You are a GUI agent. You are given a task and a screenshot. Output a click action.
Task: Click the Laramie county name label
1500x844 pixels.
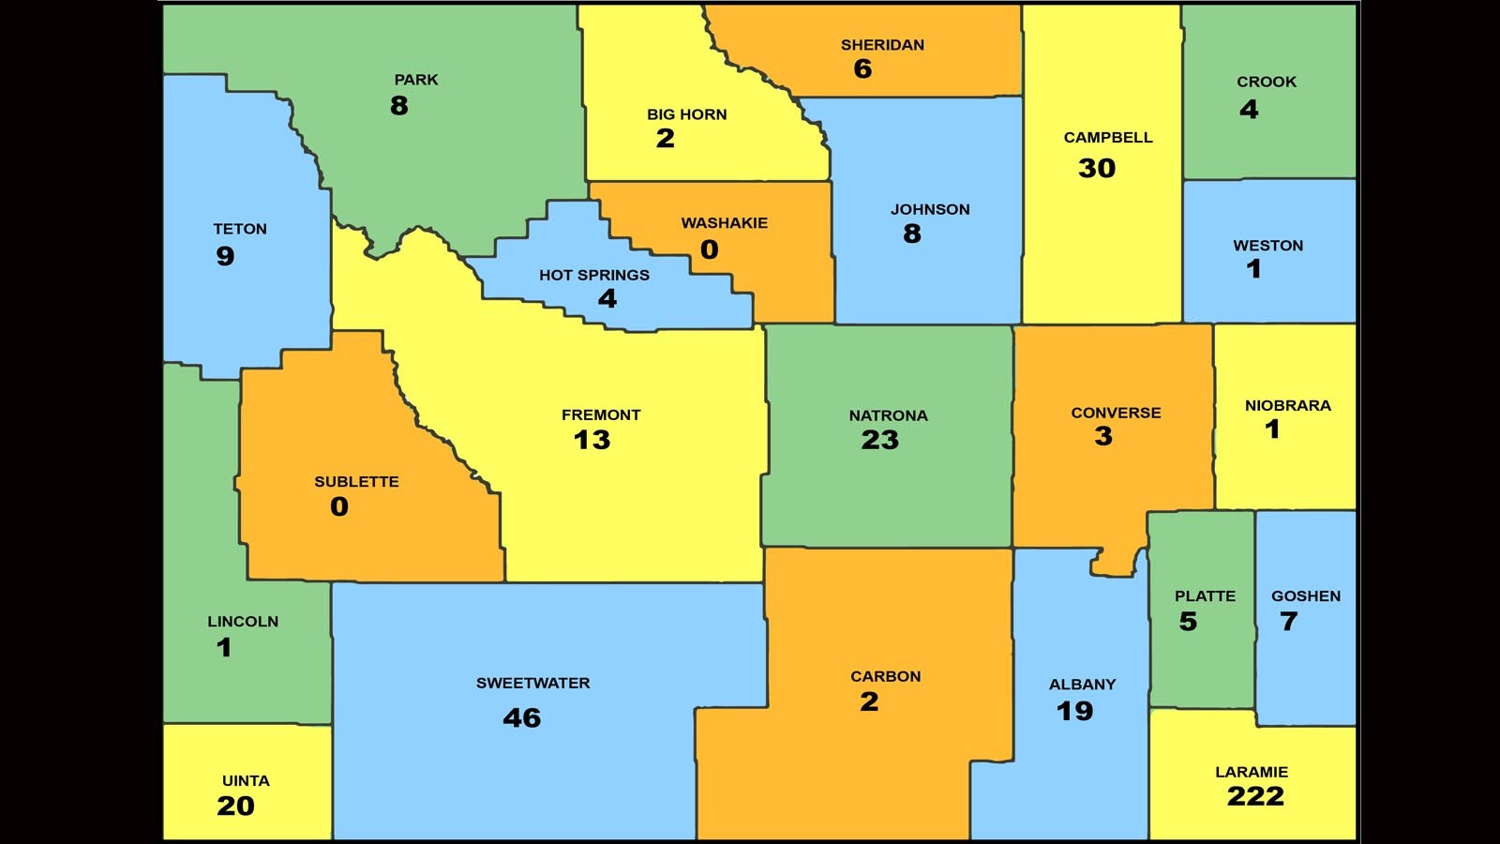(x=1251, y=772)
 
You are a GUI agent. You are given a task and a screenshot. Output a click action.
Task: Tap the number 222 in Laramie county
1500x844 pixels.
(x=1254, y=796)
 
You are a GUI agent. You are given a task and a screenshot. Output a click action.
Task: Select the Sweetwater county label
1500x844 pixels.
(x=532, y=683)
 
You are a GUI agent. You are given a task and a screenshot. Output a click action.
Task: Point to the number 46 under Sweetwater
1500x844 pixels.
(x=521, y=717)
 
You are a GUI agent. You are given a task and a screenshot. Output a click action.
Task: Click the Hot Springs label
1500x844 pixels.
(x=593, y=275)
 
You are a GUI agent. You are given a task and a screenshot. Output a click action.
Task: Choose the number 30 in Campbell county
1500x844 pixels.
(x=1096, y=168)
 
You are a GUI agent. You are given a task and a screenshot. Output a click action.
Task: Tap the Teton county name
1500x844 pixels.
(x=240, y=229)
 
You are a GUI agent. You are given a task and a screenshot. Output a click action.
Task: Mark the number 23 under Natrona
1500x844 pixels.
(x=879, y=440)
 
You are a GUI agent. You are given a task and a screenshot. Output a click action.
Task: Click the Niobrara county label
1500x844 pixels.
(x=1287, y=405)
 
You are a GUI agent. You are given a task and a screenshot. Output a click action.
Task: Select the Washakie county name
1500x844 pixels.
(x=724, y=222)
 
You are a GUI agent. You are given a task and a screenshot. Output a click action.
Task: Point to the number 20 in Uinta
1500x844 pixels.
(x=235, y=806)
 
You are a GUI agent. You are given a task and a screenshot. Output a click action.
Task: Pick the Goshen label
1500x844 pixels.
(x=1305, y=595)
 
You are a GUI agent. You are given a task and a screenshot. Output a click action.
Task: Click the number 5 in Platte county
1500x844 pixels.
(x=1188, y=621)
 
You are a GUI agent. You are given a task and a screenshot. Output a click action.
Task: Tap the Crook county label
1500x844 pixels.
(x=1266, y=82)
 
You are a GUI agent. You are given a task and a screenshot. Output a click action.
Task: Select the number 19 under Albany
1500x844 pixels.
(x=1074, y=711)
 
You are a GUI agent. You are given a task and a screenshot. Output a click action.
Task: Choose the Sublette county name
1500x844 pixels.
(x=356, y=481)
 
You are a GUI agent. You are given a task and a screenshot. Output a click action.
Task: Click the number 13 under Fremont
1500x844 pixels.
(x=592, y=440)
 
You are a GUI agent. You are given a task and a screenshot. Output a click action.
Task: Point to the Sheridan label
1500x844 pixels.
(x=881, y=44)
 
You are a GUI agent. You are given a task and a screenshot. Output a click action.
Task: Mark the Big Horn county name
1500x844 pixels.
(x=686, y=114)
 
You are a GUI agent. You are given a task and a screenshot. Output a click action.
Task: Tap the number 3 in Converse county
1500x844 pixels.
(x=1103, y=436)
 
